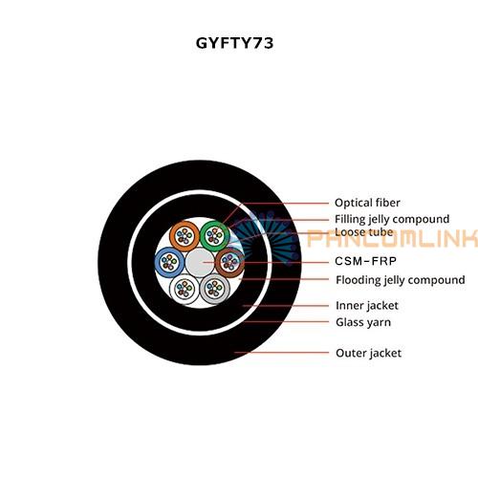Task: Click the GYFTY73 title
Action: click(234, 43)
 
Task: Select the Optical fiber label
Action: click(367, 203)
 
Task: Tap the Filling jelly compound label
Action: click(392, 219)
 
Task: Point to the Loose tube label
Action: click(364, 232)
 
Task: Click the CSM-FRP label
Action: click(365, 261)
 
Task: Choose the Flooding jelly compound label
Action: click(401, 280)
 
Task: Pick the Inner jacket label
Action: click(367, 306)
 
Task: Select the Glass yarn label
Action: click(363, 322)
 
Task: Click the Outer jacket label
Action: click(368, 353)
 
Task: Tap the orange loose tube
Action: click(185, 236)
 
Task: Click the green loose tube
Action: click(215, 236)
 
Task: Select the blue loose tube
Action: click(169, 262)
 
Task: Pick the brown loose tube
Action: click(229, 262)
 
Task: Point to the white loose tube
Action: click(185, 289)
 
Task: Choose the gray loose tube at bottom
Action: click(215, 289)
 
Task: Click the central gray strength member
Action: click(200, 262)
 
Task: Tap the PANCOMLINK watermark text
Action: click(393, 239)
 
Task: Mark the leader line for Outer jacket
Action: click(281, 353)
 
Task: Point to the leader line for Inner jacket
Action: click(286, 306)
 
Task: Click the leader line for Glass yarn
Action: click(287, 321)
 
